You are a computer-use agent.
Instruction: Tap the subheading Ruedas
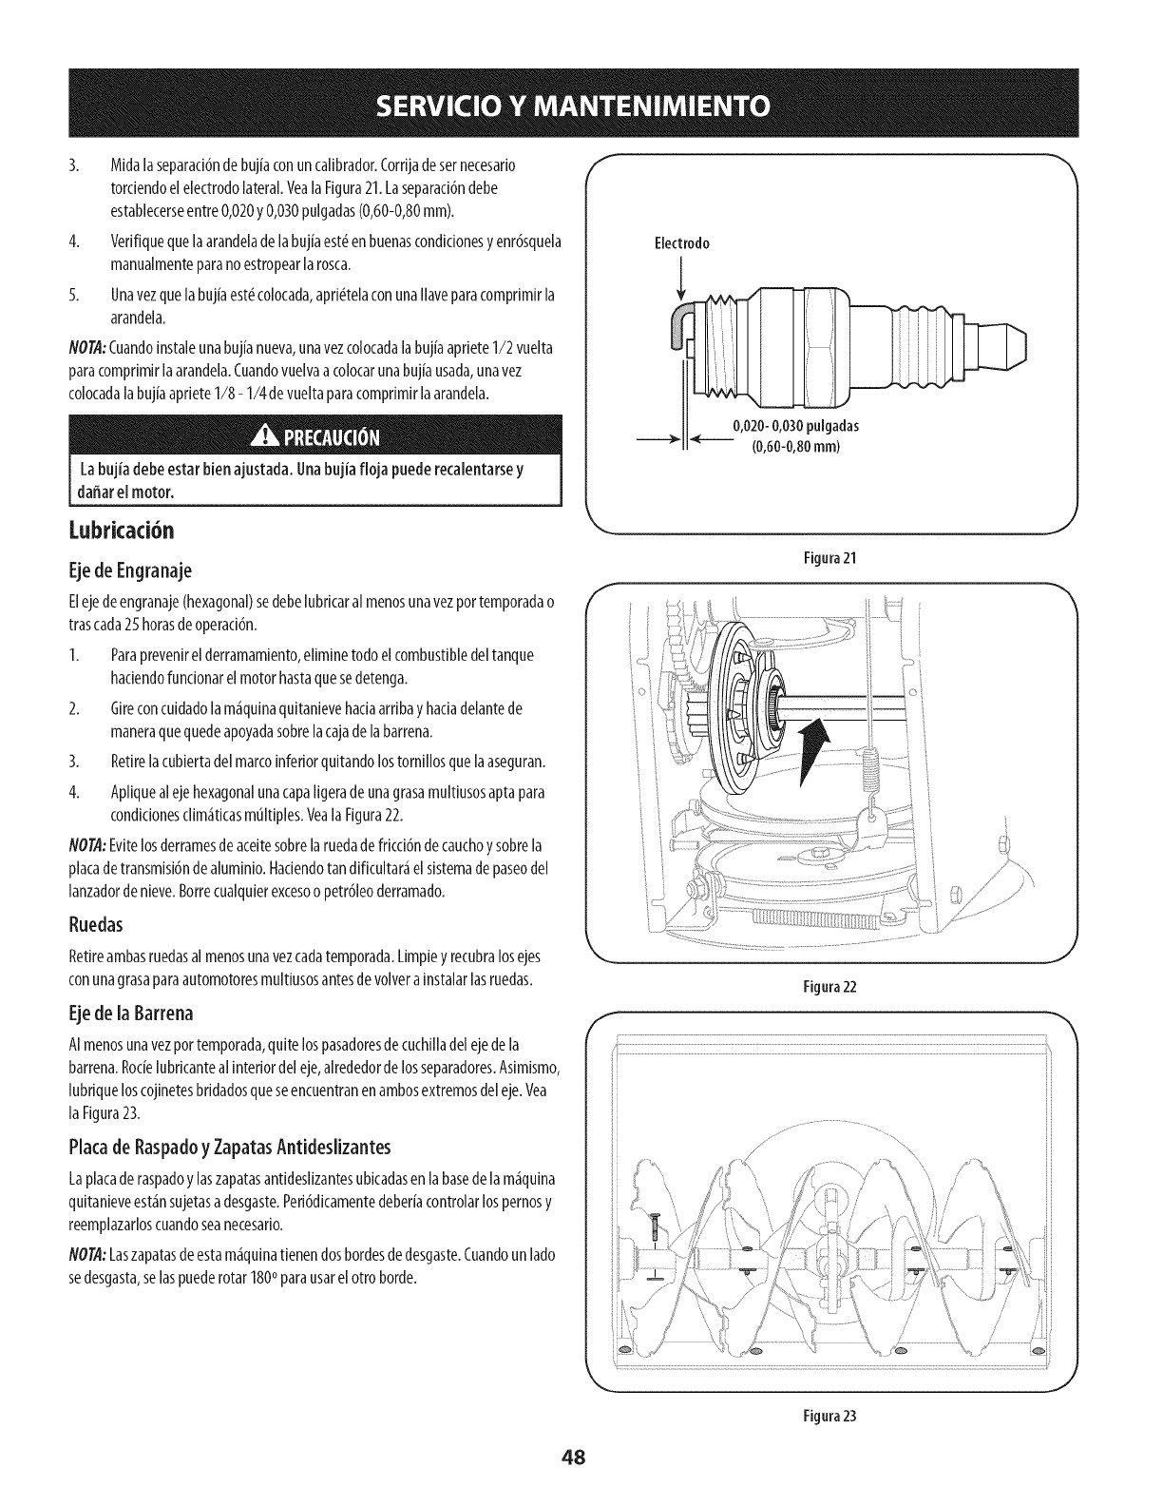click(x=97, y=921)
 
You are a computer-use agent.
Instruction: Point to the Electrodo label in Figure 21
click(x=682, y=242)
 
